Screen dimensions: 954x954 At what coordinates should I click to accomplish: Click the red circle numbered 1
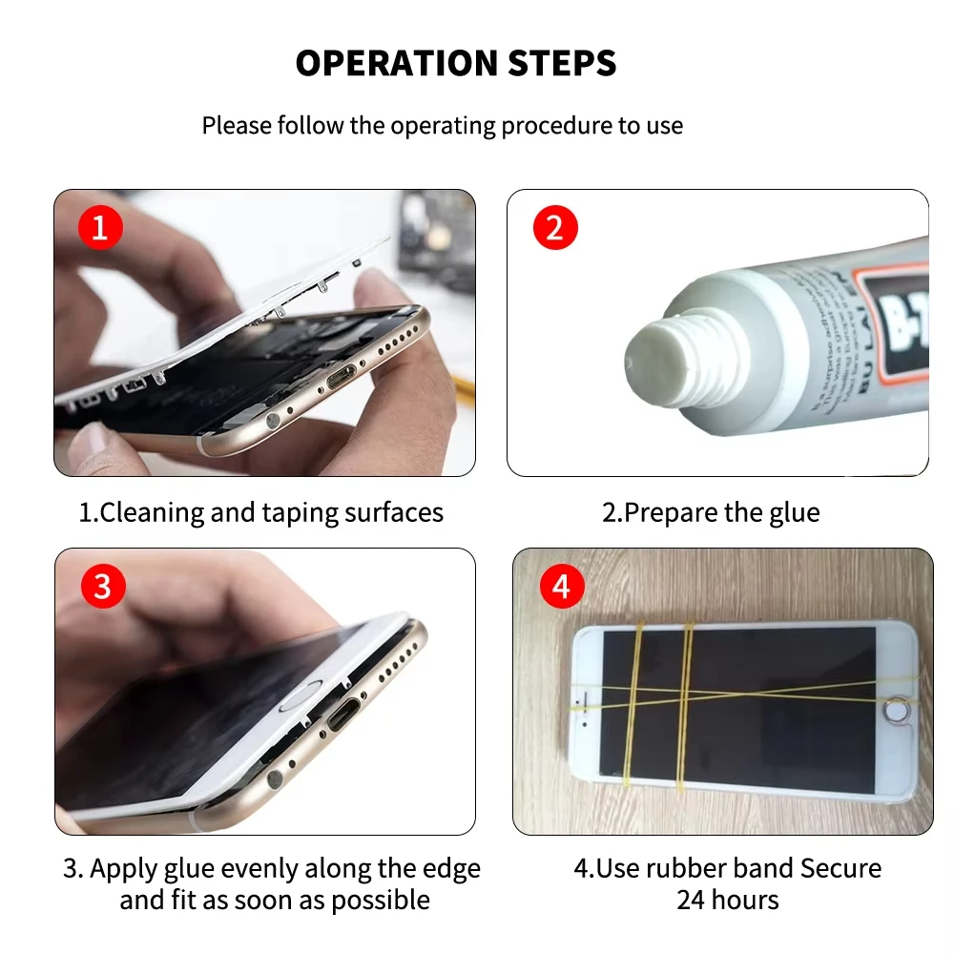point(100,229)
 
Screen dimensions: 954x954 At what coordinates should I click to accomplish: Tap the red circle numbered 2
point(555,229)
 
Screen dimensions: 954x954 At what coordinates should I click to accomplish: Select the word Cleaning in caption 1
point(152,512)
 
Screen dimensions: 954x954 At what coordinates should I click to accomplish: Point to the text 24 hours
point(728,900)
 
